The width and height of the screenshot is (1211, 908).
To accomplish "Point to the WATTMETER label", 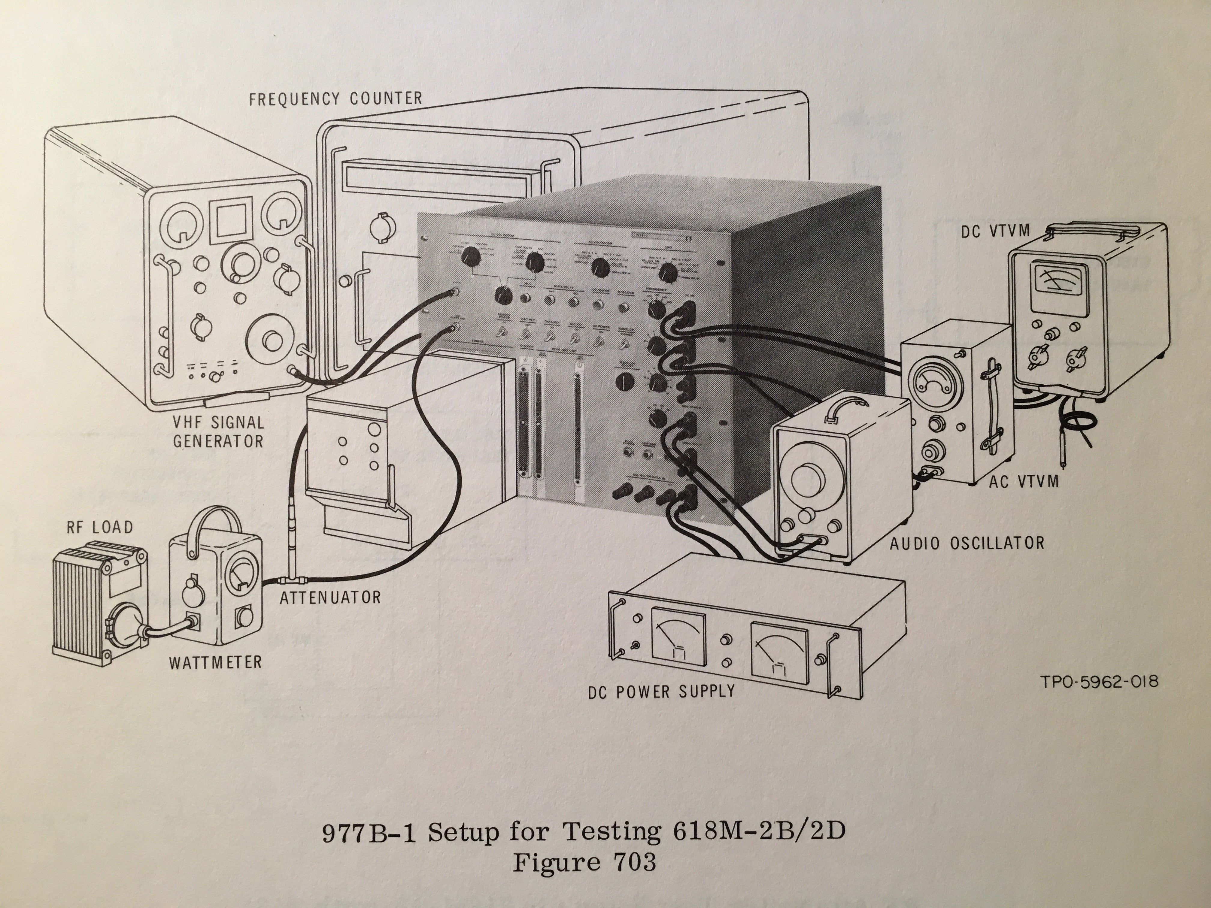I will click(x=215, y=662).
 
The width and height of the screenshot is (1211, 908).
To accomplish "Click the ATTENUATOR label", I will click(x=330, y=597).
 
